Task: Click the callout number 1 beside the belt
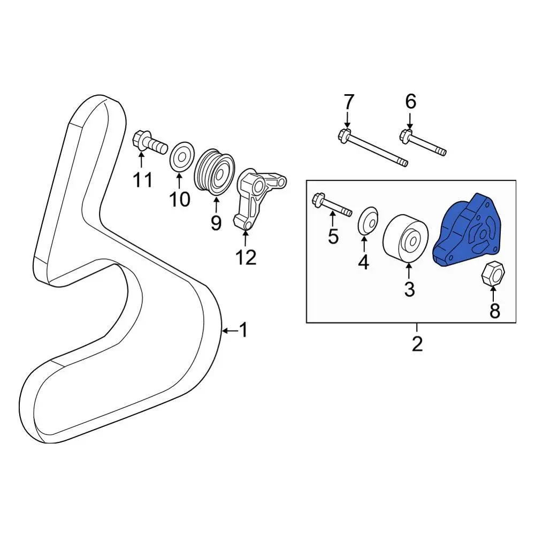point(243,330)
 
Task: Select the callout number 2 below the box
point(417,343)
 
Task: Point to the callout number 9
point(216,223)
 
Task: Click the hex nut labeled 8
point(493,273)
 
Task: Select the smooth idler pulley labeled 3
point(406,239)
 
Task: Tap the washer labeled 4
point(369,221)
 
